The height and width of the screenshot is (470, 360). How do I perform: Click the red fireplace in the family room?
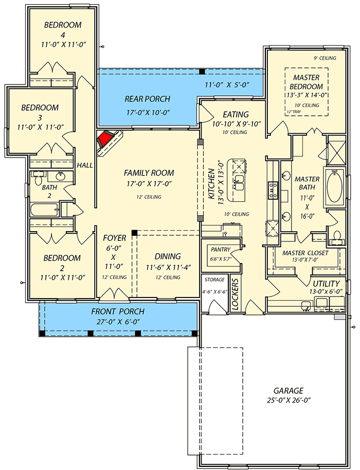coord(106,138)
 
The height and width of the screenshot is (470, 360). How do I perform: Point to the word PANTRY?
coord(220,249)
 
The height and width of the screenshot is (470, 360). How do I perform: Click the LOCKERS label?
coord(235,295)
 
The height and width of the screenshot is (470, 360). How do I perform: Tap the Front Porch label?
coord(118,311)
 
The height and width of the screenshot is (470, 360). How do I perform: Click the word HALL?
coord(84,165)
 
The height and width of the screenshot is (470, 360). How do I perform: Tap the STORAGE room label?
coord(214,280)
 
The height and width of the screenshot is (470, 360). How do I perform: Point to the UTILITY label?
coord(327,284)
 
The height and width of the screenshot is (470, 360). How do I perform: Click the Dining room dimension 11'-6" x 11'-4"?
coord(168,267)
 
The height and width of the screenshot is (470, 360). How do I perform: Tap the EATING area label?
coord(236,114)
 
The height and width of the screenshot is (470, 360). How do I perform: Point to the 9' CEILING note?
coord(324,58)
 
